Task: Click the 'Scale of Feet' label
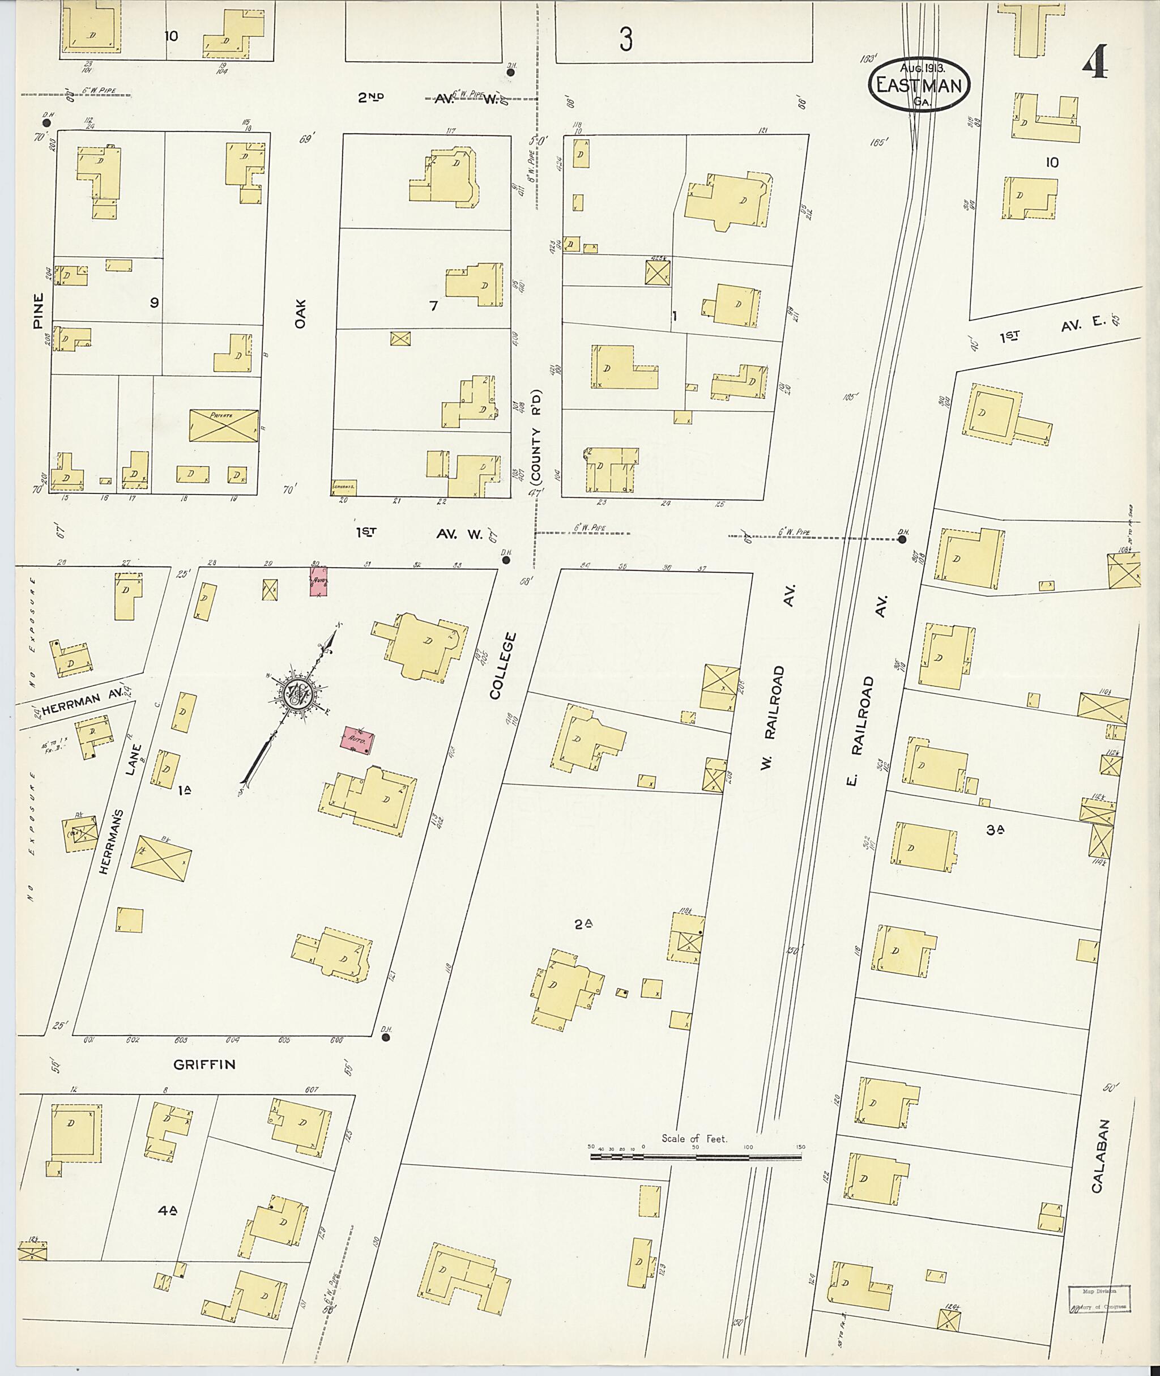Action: (x=694, y=1139)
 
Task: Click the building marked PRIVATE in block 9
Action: (x=224, y=425)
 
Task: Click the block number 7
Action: (x=433, y=306)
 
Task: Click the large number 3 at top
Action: (x=625, y=41)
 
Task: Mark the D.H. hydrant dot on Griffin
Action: (x=385, y=1038)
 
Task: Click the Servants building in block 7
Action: (x=343, y=487)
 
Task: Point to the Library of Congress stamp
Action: (x=1099, y=1299)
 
